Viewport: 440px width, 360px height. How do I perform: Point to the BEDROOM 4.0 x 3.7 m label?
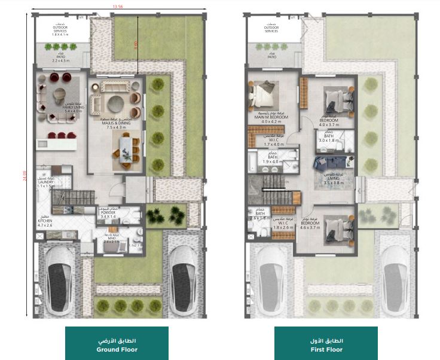pyautogui.click(x=331, y=121)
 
